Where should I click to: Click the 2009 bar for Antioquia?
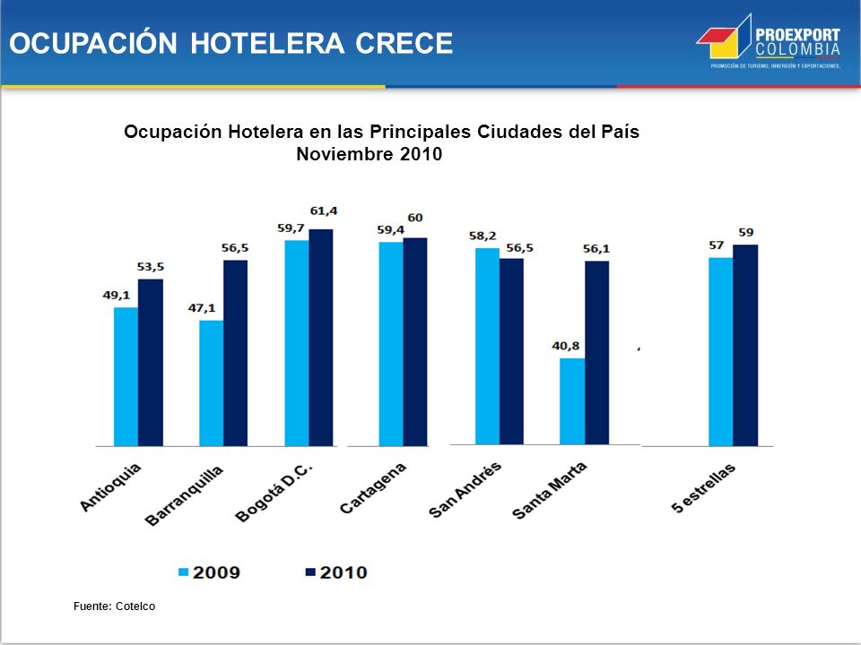[126, 377]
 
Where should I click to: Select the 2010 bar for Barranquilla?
[236, 353]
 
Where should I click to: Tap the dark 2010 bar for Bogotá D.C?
[321, 338]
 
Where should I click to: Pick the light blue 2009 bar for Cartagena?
[391, 344]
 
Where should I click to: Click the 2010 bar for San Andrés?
[512, 351]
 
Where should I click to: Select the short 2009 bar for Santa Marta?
[572, 401]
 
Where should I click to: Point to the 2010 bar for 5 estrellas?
[745, 346]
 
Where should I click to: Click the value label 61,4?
[324, 211]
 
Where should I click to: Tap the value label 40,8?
[566, 346]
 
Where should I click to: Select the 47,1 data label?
[202, 307]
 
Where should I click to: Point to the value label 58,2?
[483, 236]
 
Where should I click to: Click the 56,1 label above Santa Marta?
[596, 249]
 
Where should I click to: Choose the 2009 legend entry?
[209, 572]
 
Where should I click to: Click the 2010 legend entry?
[336, 572]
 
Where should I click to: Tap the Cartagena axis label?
[373, 488]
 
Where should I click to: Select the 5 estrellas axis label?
[703, 488]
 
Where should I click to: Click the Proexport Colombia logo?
[769, 42]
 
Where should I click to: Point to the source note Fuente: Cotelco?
[114, 606]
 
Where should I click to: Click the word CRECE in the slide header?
[404, 43]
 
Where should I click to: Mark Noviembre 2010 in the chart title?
[369, 154]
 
